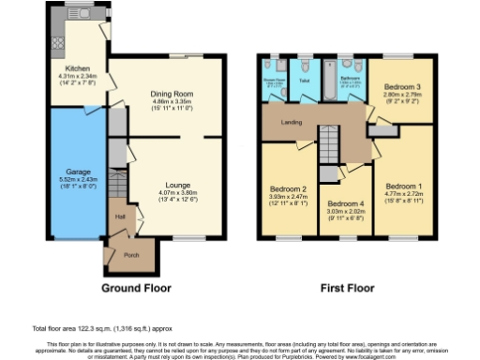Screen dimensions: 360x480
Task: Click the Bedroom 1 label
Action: click(x=404, y=186)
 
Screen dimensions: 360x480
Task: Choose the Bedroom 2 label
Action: click(x=287, y=187)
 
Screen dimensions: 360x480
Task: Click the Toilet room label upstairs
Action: click(x=302, y=81)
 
